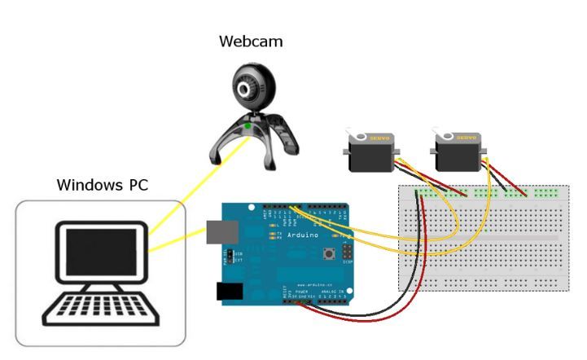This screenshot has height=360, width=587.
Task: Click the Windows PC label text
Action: pos(103,184)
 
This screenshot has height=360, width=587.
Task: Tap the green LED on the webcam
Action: pos(248,126)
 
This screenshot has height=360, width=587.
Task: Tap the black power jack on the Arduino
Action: pos(230,291)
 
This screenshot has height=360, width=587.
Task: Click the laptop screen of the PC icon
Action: pos(102,252)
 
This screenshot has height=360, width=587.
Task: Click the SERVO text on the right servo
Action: pos(467,138)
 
